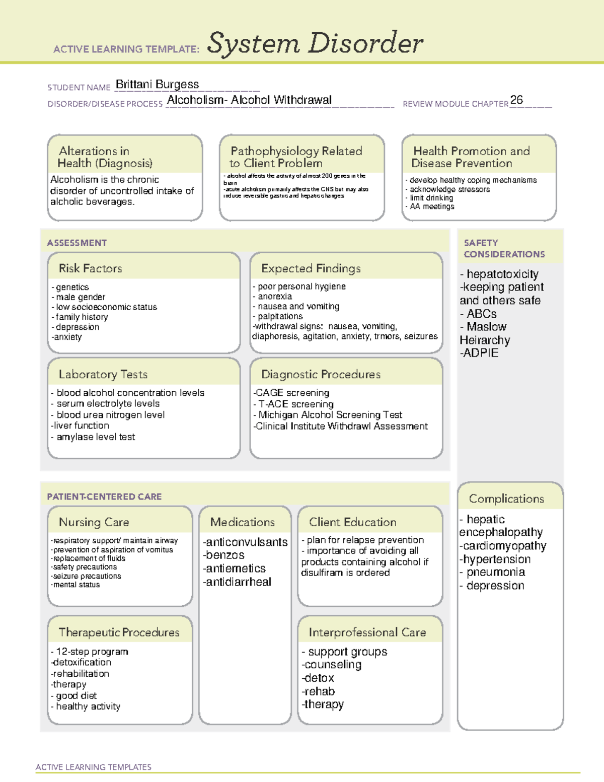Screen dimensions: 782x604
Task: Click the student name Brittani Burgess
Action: [157, 85]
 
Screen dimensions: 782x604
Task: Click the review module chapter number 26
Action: [516, 100]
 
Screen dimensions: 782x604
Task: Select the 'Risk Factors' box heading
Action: [91, 268]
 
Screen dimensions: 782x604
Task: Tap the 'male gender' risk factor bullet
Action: [81, 297]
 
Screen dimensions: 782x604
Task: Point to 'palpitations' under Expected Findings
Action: [280, 316]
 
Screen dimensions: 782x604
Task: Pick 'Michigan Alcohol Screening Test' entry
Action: [330, 415]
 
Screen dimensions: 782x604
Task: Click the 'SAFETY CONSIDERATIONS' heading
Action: [504, 248]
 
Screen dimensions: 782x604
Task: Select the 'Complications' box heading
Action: [506, 499]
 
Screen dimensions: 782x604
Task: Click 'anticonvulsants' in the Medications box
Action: [246, 542]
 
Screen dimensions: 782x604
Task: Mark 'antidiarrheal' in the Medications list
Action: [238, 582]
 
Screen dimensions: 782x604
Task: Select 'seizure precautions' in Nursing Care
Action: [87, 576]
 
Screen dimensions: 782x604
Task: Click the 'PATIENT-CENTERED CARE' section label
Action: [104, 496]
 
